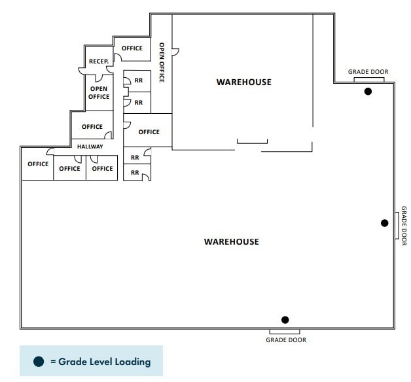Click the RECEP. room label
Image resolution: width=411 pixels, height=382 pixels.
click(x=98, y=61)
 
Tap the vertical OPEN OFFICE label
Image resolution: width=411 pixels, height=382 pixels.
click(x=162, y=62)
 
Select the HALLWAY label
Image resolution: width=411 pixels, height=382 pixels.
click(x=90, y=147)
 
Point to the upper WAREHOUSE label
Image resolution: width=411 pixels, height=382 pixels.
click(x=243, y=82)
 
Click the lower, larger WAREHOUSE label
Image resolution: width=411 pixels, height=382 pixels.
click(x=231, y=242)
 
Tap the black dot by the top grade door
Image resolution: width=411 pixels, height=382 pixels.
click(x=368, y=92)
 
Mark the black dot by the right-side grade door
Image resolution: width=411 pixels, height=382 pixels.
click(x=385, y=223)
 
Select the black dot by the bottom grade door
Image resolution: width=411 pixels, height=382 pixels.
click(x=285, y=320)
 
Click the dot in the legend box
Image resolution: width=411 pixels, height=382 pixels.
click(x=39, y=361)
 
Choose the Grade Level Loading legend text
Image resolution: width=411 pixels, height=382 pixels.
click(x=105, y=361)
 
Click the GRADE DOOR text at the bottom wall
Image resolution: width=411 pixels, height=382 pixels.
click(x=285, y=340)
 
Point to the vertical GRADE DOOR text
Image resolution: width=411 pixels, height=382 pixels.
click(x=404, y=226)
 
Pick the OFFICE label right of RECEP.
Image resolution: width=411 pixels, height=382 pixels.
click(x=132, y=48)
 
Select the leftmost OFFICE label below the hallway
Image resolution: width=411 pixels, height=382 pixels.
click(x=38, y=164)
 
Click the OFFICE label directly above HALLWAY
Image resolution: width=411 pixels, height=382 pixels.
click(x=92, y=127)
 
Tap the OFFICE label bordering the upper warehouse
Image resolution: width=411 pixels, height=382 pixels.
click(x=149, y=132)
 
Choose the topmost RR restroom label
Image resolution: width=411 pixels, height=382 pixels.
click(x=138, y=80)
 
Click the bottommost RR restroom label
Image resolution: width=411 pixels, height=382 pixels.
click(x=135, y=173)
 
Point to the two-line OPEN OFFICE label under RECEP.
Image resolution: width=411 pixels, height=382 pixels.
click(x=99, y=93)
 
